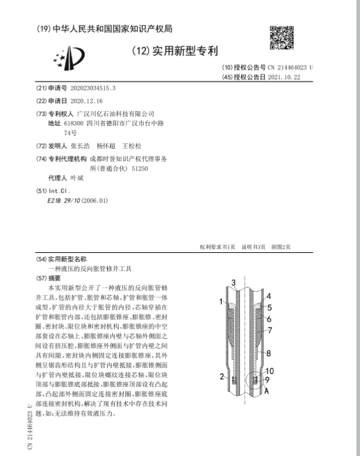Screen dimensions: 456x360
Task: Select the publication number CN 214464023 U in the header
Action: click(290, 68)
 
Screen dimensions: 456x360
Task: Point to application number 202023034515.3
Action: click(93, 88)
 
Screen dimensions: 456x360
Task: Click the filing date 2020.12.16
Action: click(86, 101)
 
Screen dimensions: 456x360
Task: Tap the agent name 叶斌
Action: click(77, 178)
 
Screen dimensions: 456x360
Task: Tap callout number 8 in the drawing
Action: click(268, 353)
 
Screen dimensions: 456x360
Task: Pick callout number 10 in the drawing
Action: click(270, 372)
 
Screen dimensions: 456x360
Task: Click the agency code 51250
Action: click(140, 168)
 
